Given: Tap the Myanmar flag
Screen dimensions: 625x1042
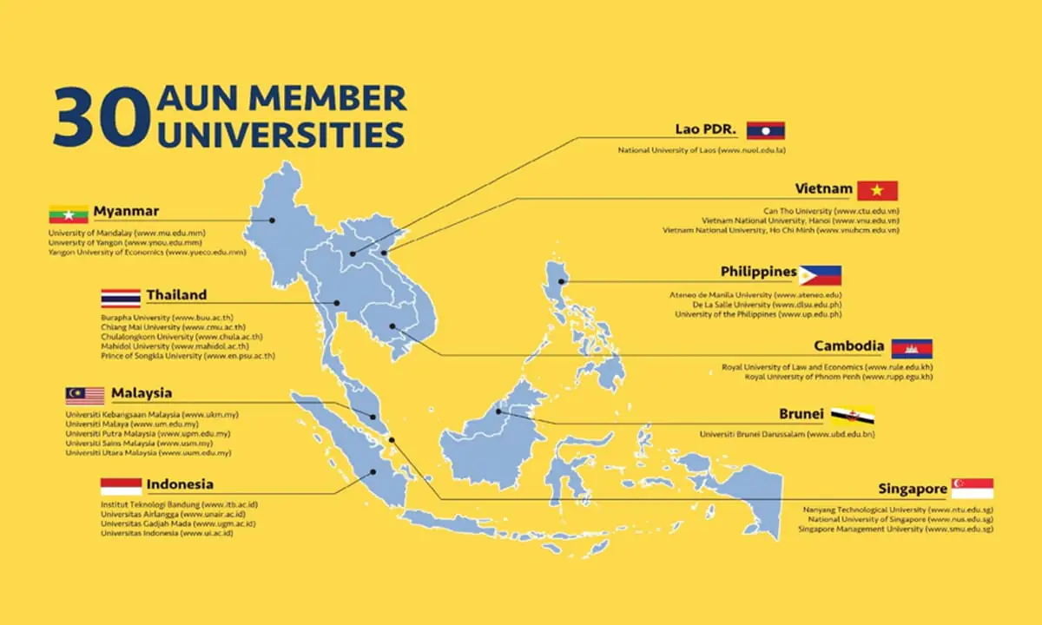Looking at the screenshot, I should coord(68,212).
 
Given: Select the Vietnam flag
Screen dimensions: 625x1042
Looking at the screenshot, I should coord(877,190).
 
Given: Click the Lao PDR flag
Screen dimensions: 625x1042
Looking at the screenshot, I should coord(765,130).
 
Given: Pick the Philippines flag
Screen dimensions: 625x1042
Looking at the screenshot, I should coord(820,275).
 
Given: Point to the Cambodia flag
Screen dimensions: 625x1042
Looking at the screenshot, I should coord(911,348).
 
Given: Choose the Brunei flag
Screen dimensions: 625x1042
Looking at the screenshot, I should coord(852,414).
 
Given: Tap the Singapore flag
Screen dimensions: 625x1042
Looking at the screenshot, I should coord(973,489).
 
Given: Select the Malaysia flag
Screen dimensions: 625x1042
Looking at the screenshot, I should coord(85,396).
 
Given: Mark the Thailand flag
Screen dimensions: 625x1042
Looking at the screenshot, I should coord(121,297).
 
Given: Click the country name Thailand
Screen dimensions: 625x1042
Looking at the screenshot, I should coord(176,295).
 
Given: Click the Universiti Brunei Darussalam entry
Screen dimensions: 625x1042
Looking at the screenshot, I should coord(787,433).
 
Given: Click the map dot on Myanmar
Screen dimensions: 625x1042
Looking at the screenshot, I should coord(273,220).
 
